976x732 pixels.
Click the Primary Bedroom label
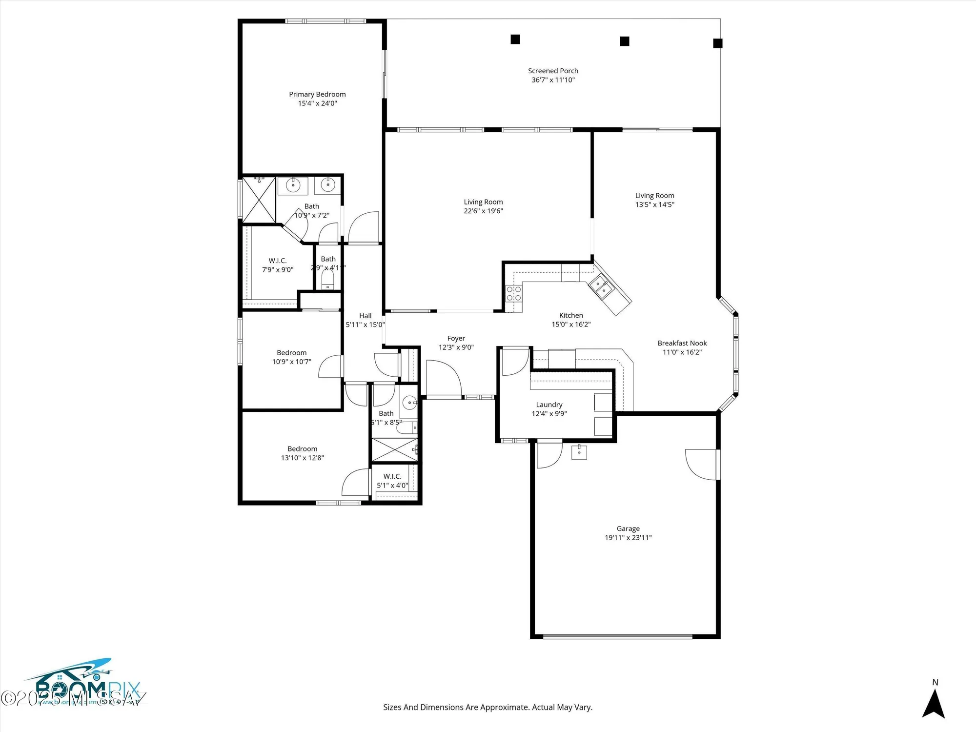coord(317,94)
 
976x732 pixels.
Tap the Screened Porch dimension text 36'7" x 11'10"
coord(553,80)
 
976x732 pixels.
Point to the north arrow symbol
coord(933,705)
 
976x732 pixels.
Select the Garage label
coord(628,529)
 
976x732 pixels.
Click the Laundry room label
coord(549,405)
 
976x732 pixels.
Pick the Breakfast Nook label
coord(682,343)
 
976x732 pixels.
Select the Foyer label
coord(456,338)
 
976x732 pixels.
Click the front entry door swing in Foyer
coord(443,378)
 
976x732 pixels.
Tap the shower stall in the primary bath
coord(259,200)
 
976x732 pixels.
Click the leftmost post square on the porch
coord(515,39)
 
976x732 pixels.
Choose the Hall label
coord(365,316)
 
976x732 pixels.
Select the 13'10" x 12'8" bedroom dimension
coord(302,458)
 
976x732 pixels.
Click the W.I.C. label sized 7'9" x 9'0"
coord(277,261)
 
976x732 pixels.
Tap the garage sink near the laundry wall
coord(579,452)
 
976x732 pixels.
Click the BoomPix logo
coord(83,683)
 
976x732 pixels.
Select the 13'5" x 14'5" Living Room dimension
coord(654,204)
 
